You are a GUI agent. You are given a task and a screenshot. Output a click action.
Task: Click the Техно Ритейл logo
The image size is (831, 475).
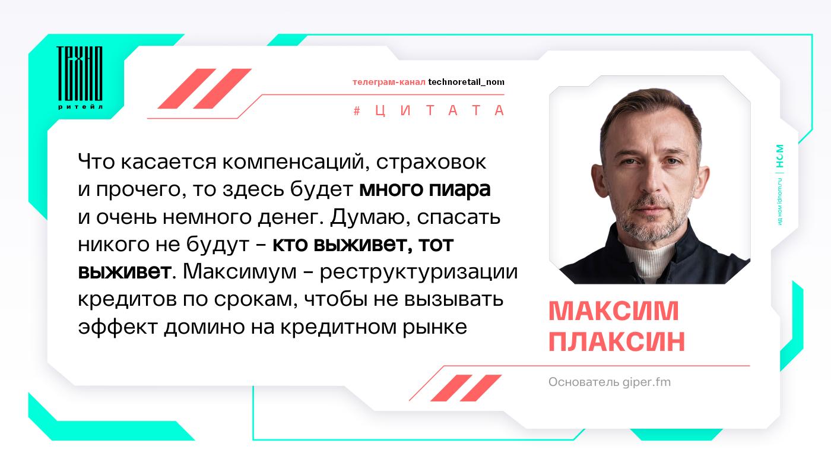[80, 78]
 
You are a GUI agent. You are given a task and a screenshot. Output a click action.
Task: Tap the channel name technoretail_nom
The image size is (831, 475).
[467, 82]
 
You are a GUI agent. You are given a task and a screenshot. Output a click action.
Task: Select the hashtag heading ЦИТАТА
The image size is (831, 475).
[429, 110]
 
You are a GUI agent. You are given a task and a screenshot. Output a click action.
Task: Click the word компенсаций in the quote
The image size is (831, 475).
[296, 162]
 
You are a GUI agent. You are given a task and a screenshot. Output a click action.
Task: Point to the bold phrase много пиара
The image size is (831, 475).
[425, 189]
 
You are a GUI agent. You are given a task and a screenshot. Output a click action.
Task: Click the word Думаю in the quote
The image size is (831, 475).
[370, 217]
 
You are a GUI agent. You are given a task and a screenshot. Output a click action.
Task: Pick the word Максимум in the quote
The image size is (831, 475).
[240, 272]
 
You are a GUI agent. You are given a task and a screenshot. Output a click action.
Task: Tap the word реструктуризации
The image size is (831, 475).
[418, 273]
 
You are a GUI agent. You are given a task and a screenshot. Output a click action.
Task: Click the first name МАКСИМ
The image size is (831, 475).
[614, 311]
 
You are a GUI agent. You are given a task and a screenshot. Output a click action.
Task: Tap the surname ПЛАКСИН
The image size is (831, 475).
[617, 341]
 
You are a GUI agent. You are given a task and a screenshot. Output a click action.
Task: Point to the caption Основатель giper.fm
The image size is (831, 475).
[610, 382]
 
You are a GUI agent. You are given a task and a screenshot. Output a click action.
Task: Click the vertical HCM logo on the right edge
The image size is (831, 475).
[780, 156]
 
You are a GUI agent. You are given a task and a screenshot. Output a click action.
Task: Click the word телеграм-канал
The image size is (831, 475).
[389, 82]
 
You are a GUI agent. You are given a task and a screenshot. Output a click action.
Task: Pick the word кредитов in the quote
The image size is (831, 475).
[127, 299]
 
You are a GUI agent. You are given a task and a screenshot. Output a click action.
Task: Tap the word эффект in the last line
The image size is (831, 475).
[118, 327]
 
